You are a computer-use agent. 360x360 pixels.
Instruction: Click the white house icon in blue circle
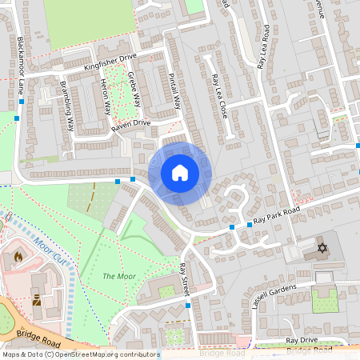point(180,172)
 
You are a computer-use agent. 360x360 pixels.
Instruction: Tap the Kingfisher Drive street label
point(110,62)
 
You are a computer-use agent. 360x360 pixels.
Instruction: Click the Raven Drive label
point(130,123)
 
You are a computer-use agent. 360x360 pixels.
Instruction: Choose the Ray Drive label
point(302,340)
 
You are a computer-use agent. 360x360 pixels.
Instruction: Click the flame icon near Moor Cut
point(18,258)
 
